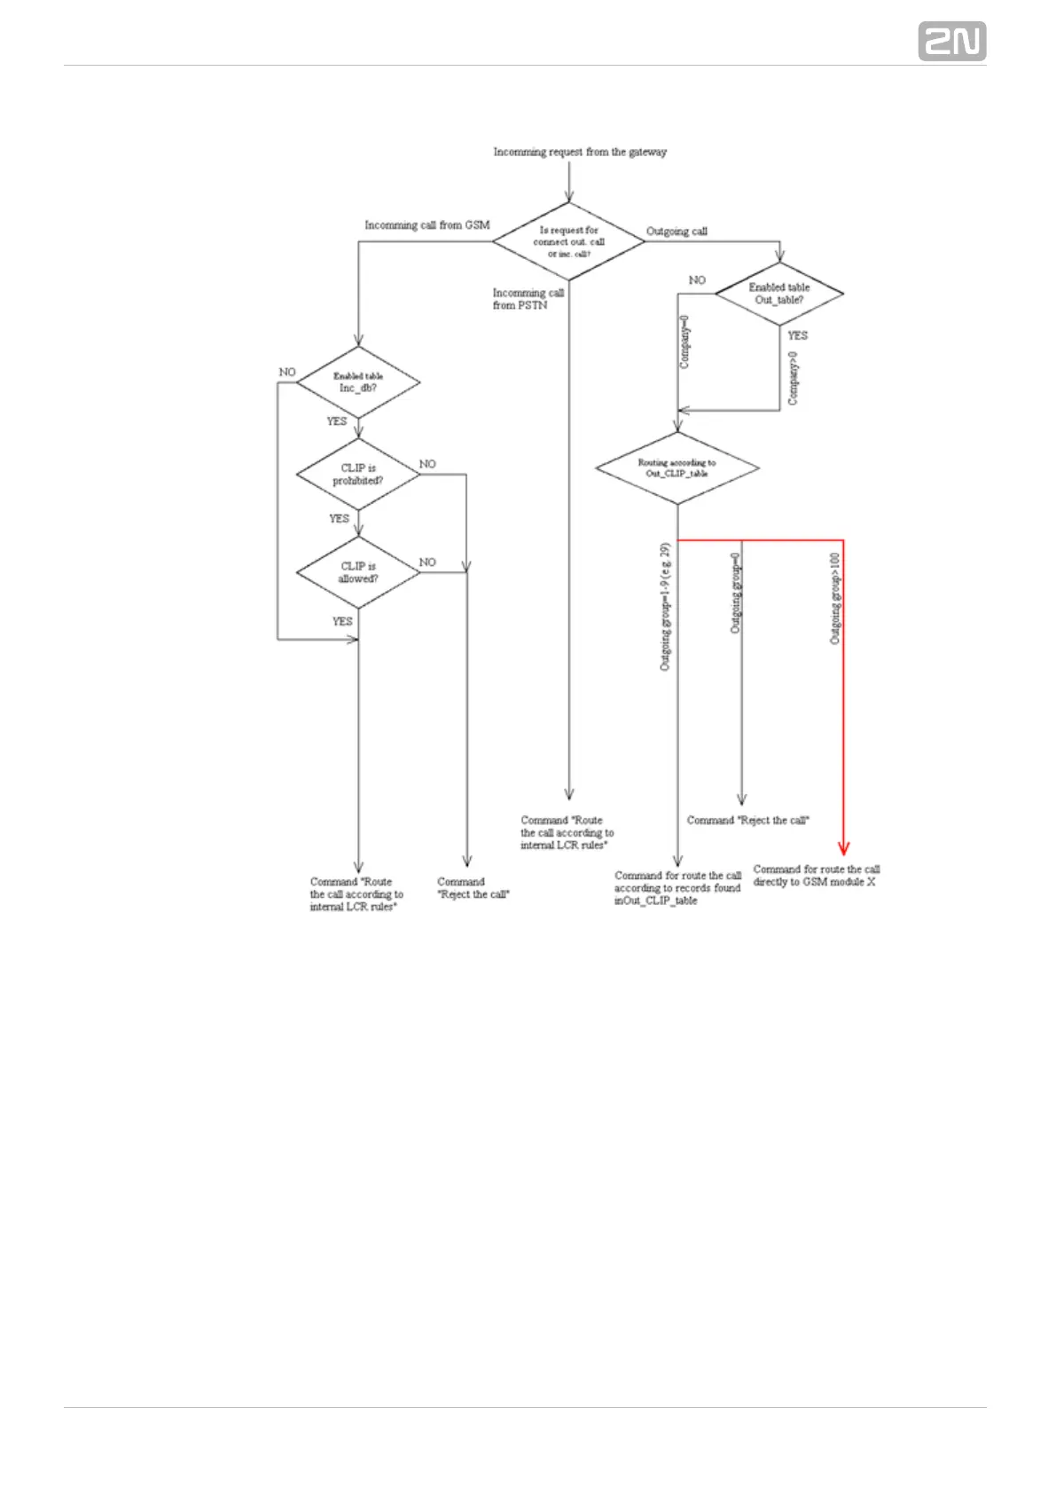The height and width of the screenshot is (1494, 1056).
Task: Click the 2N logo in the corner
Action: coord(951,42)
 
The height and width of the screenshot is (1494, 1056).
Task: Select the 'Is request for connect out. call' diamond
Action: coord(568,241)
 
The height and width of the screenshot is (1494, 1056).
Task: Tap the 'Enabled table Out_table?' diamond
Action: coord(778,294)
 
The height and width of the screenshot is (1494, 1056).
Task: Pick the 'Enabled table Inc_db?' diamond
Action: coord(358,382)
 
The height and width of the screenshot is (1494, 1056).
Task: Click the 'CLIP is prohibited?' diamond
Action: coord(358,475)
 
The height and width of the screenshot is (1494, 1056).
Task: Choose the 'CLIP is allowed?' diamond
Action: coord(358,572)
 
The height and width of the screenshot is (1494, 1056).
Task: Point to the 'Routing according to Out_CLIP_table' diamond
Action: coord(677,468)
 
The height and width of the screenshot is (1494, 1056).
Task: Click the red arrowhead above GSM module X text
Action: coord(843,847)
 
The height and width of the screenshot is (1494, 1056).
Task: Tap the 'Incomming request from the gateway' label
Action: coord(580,152)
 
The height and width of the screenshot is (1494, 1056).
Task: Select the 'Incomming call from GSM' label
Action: coord(426,225)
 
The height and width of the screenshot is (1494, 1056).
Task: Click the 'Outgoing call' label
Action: coord(677,232)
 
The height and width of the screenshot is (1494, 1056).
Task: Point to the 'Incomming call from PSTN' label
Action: coord(528,299)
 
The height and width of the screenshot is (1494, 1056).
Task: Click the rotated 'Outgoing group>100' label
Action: coord(835,598)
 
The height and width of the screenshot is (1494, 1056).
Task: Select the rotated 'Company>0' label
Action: coord(794,379)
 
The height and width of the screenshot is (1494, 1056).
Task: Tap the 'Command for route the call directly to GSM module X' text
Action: coord(816,876)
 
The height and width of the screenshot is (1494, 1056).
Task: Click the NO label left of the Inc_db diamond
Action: coord(287,373)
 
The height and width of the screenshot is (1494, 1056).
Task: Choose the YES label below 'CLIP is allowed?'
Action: coord(342,622)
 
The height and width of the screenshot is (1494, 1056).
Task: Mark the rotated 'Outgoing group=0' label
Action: coord(735,594)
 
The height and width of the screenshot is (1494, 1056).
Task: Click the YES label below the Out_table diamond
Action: coord(798,335)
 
